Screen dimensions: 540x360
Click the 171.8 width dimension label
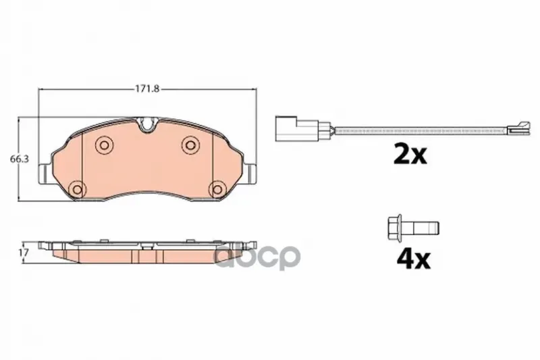click(x=146, y=89)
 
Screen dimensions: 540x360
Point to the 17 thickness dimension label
click(x=24, y=253)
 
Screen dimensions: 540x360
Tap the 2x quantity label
click(x=410, y=155)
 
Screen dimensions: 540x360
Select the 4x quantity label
click(x=414, y=259)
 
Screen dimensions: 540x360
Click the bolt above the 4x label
click(x=413, y=228)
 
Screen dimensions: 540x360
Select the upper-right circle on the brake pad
click(x=190, y=145)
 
